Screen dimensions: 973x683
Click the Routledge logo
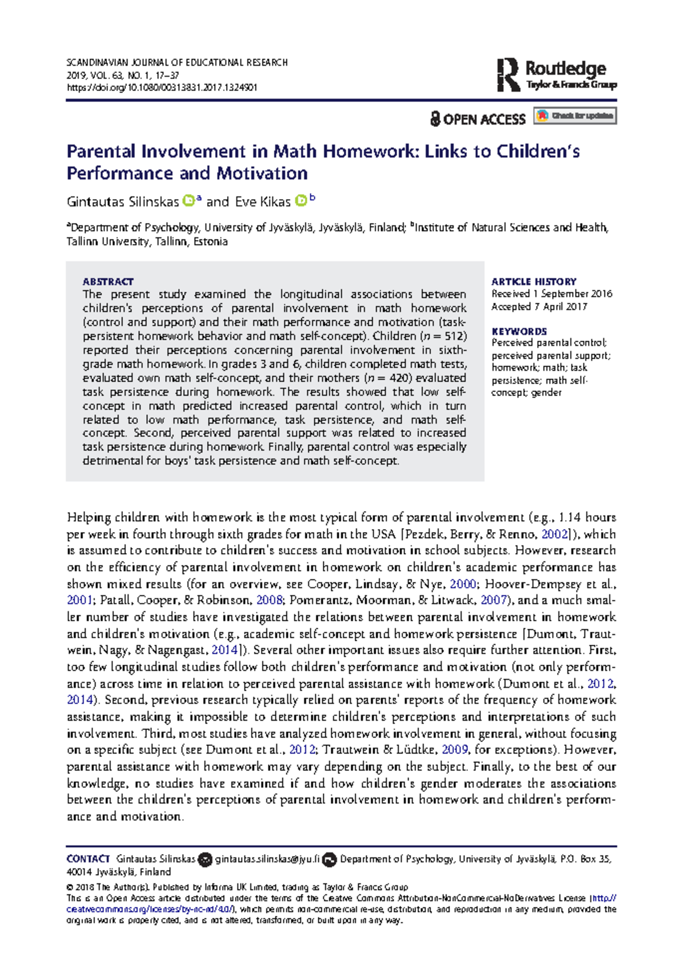click(557, 75)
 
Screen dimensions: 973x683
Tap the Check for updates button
click(575, 116)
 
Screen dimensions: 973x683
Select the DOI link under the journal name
click(162, 88)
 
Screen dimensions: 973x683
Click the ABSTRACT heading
click(108, 282)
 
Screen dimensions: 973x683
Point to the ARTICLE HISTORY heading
click(534, 282)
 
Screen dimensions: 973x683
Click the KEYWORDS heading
click(519, 331)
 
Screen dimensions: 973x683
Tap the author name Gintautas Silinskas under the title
click(122, 202)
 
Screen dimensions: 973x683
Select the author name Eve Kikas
click(262, 202)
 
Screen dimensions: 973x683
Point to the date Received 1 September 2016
click(552, 294)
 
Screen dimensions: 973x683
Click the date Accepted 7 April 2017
click(539, 307)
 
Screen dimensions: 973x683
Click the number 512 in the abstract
click(454, 336)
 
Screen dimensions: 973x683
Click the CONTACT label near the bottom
click(88, 859)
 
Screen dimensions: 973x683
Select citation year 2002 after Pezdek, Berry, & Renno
click(554, 534)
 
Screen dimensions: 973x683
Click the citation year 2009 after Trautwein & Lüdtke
click(455, 750)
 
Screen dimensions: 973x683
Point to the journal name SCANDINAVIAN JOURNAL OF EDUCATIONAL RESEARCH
click(177, 63)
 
